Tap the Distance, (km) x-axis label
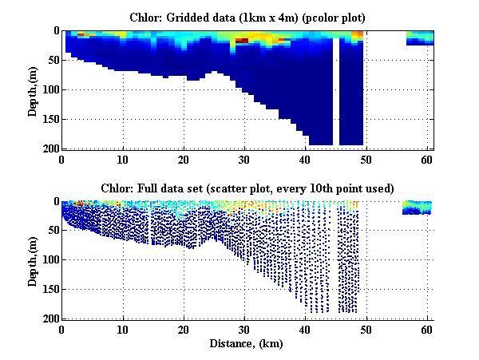coord(247,344)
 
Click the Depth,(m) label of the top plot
coord(34,89)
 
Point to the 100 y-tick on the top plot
coord(49,89)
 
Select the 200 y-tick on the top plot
coord(49,148)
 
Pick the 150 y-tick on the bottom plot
coord(49,289)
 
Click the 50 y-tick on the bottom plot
coord(51,231)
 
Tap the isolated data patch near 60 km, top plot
coord(420,38)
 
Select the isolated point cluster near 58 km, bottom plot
coord(417,208)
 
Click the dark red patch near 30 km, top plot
coord(242,40)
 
